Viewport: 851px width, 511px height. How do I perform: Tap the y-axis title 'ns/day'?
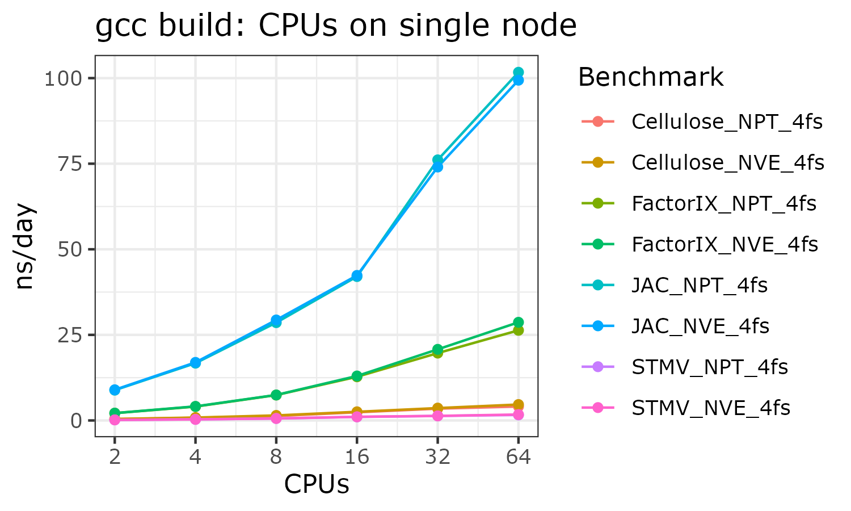[25, 246]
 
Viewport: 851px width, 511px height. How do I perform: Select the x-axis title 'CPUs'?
[316, 484]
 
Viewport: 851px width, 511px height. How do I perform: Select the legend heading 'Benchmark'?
[651, 77]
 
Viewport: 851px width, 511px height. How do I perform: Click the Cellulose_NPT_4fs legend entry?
[727, 122]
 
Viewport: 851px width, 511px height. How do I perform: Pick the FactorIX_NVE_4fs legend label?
[724, 244]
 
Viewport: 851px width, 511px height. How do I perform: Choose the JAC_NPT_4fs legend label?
[700, 285]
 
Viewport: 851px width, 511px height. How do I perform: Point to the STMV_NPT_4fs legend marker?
[598, 367]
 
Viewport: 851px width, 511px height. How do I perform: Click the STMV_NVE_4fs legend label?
[711, 408]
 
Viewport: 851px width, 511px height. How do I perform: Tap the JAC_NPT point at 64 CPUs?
[518, 73]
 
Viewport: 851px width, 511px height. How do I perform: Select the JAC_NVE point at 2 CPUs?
[115, 390]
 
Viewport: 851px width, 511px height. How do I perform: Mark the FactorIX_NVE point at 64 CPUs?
[518, 322]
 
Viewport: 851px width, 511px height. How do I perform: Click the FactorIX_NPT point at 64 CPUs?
[518, 330]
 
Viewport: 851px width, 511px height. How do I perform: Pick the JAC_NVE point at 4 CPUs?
[195, 362]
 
